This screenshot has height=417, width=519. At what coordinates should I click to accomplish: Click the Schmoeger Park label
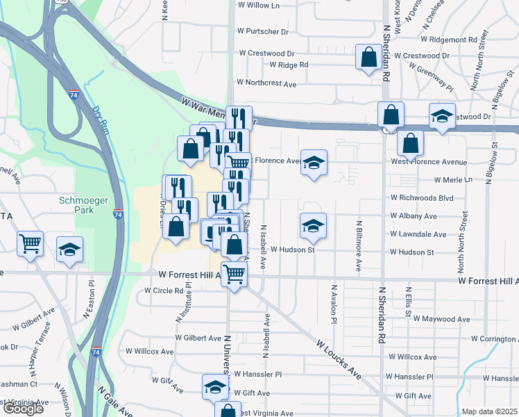tap(83, 206)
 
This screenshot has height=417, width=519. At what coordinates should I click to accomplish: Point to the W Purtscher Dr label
tap(262, 31)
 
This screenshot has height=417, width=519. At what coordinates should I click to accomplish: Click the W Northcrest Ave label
tap(266, 83)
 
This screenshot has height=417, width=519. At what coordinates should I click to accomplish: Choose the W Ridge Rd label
tap(284, 65)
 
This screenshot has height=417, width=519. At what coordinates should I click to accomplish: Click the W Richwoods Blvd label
tap(422, 198)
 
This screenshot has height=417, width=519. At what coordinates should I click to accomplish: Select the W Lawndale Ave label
tap(418, 234)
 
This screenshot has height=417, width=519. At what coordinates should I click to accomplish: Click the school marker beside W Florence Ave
tap(314, 163)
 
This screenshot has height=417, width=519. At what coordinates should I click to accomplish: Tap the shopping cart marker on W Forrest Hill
tap(235, 274)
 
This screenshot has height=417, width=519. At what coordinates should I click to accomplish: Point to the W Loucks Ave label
tap(339, 359)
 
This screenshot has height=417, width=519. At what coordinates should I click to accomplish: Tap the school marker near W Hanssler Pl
tap(215, 387)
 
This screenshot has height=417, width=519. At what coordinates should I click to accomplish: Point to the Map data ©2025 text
tap(489, 411)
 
